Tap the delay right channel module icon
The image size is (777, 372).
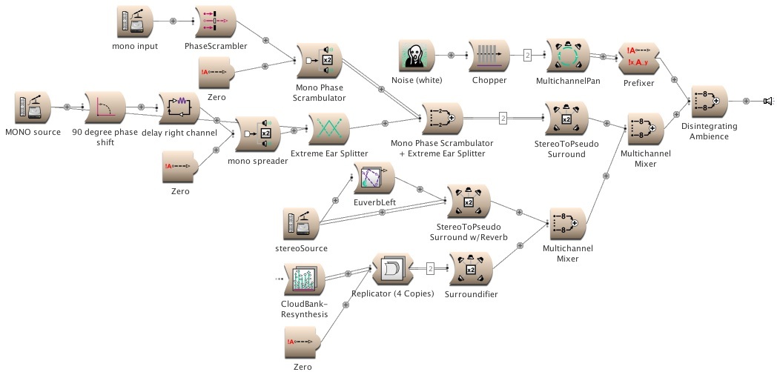click(x=182, y=108)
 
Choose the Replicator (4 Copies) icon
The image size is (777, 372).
click(x=391, y=270)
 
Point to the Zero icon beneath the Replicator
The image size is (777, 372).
click(x=301, y=342)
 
